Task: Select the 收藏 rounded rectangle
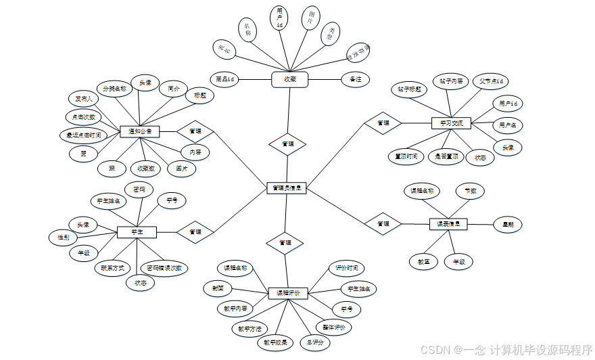coord(289,79)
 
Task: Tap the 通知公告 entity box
coord(139,131)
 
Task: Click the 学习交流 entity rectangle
coord(451,122)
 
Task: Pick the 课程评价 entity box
coord(287,293)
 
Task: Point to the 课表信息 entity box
coord(448,223)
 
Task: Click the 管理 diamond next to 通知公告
coord(195,131)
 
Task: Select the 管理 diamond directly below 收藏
coord(287,144)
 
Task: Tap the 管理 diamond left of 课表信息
coord(383,223)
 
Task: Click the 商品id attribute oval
coord(224,79)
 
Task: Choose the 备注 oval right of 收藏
coord(356,79)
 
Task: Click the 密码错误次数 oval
coord(164,267)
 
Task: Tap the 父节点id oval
coord(490,82)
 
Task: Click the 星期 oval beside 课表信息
coord(502,223)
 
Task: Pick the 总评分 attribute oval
coord(315,343)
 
